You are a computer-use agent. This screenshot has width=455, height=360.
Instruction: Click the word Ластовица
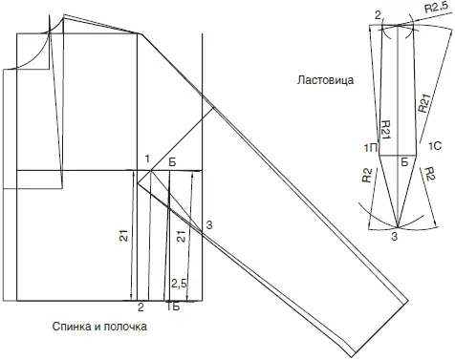tap(325, 79)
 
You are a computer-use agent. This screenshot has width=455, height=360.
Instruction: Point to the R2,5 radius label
tap(436, 8)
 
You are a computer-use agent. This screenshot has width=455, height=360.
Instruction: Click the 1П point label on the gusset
tap(371, 147)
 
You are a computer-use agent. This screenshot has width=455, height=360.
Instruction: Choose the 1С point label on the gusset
tap(435, 146)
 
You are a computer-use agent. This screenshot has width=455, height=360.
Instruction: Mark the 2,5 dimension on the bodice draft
tap(180, 284)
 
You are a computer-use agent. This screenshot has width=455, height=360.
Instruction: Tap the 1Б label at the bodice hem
tap(173, 307)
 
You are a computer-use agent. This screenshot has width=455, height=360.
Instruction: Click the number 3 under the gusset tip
tap(395, 237)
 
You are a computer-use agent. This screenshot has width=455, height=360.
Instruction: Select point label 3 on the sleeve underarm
tap(209, 225)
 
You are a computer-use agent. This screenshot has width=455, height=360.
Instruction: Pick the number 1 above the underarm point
tap(147, 159)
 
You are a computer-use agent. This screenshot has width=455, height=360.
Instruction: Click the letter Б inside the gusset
tap(404, 162)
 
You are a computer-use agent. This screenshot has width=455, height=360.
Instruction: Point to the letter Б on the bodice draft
tap(172, 162)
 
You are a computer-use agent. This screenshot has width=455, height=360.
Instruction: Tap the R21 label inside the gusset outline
tap(386, 130)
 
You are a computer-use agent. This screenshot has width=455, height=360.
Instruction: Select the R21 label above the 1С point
tap(424, 103)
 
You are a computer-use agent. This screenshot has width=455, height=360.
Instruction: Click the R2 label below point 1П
tap(367, 176)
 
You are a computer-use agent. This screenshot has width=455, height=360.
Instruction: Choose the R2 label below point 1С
tap(429, 174)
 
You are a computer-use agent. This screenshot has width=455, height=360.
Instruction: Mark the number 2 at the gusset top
tap(378, 15)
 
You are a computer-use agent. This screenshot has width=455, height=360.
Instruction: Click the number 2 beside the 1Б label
tap(141, 307)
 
